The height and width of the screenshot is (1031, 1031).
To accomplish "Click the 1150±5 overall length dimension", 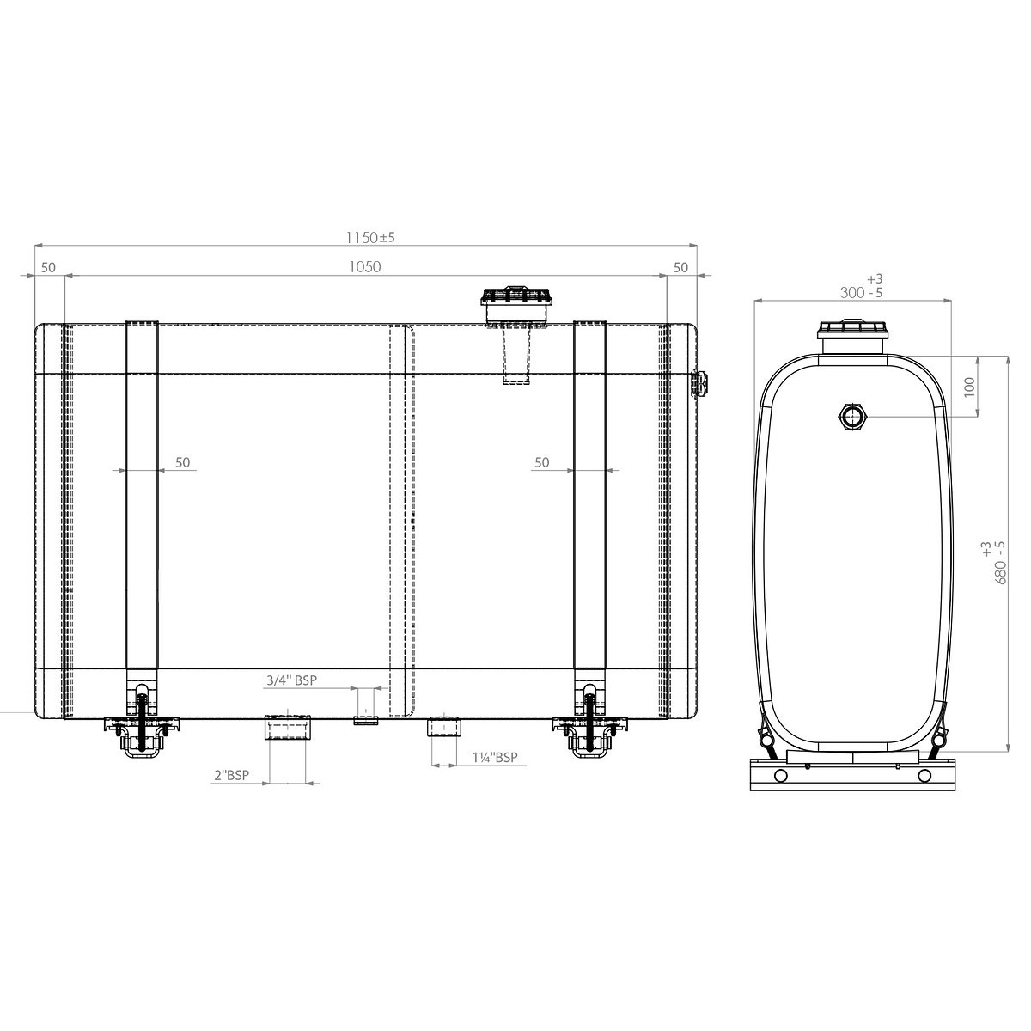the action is [369, 237].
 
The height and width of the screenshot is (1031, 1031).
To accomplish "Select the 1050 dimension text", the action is [365, 267].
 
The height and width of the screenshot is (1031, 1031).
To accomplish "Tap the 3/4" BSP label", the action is [291, 680].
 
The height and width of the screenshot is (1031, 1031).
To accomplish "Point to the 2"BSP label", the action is [232, 775].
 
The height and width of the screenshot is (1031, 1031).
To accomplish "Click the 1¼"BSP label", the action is [495, 758].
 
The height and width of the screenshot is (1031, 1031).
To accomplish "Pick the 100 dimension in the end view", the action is [969, 387].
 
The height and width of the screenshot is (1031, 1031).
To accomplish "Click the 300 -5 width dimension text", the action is [861, 293].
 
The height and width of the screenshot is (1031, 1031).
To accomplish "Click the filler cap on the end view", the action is [853, 337].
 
